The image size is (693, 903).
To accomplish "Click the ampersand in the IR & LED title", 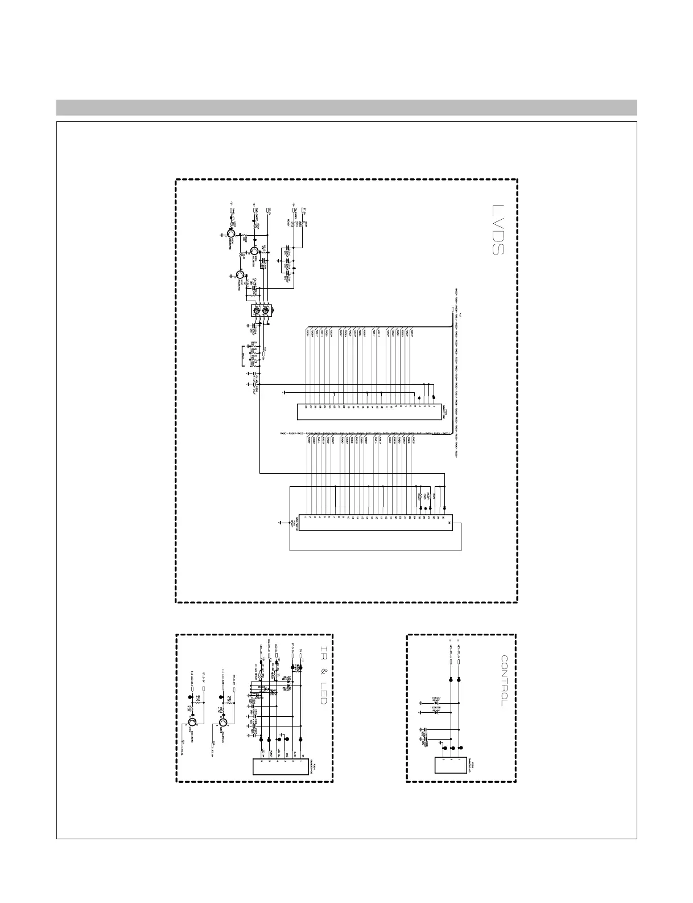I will [322, 672].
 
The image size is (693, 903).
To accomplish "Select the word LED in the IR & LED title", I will [322, 692].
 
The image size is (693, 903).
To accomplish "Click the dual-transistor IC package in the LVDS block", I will [262, 311].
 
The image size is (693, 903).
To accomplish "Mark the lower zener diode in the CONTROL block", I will [436, 712].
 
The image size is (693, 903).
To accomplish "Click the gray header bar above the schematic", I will [346, 108].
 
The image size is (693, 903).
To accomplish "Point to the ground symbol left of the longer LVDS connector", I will [280, 522].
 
